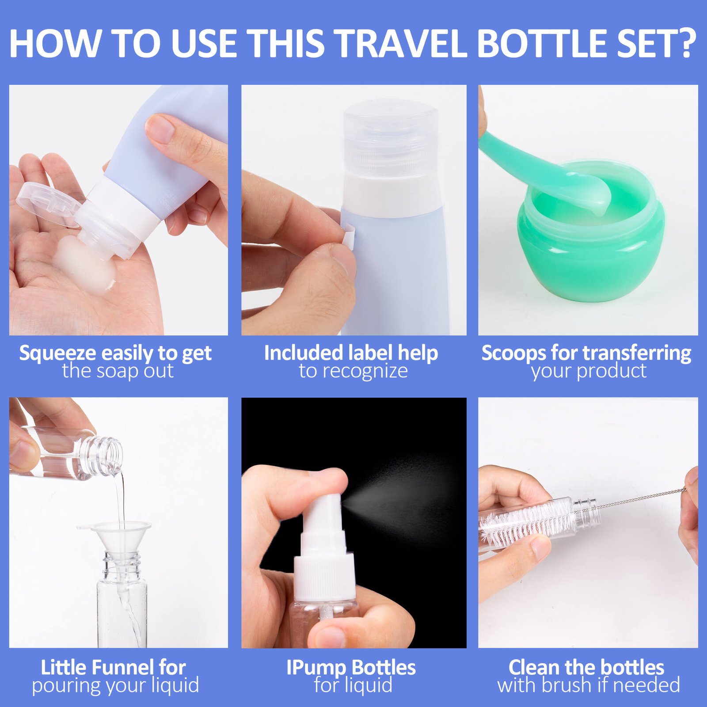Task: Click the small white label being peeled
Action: coord(349,236)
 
